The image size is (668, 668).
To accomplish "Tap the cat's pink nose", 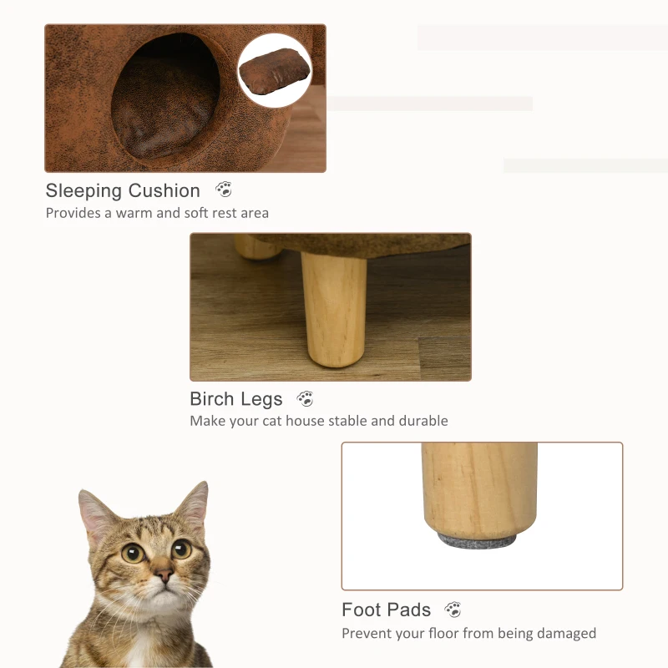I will tap(163, 577).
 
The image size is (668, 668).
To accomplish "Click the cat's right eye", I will tap(180, 549).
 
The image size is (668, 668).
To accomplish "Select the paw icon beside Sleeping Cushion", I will tap(224, 190).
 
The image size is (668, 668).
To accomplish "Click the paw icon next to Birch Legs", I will tap(306, 398).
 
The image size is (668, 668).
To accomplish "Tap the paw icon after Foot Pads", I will tap(453, 609).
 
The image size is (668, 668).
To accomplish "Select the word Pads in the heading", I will tap(409, 610).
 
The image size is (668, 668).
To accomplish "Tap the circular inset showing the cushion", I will tap(274, 70).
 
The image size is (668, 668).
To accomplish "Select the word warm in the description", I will tap(134, 213).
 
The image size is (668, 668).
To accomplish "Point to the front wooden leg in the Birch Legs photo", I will tap(334, 308).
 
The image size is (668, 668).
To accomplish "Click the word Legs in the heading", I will tap(262, 400).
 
